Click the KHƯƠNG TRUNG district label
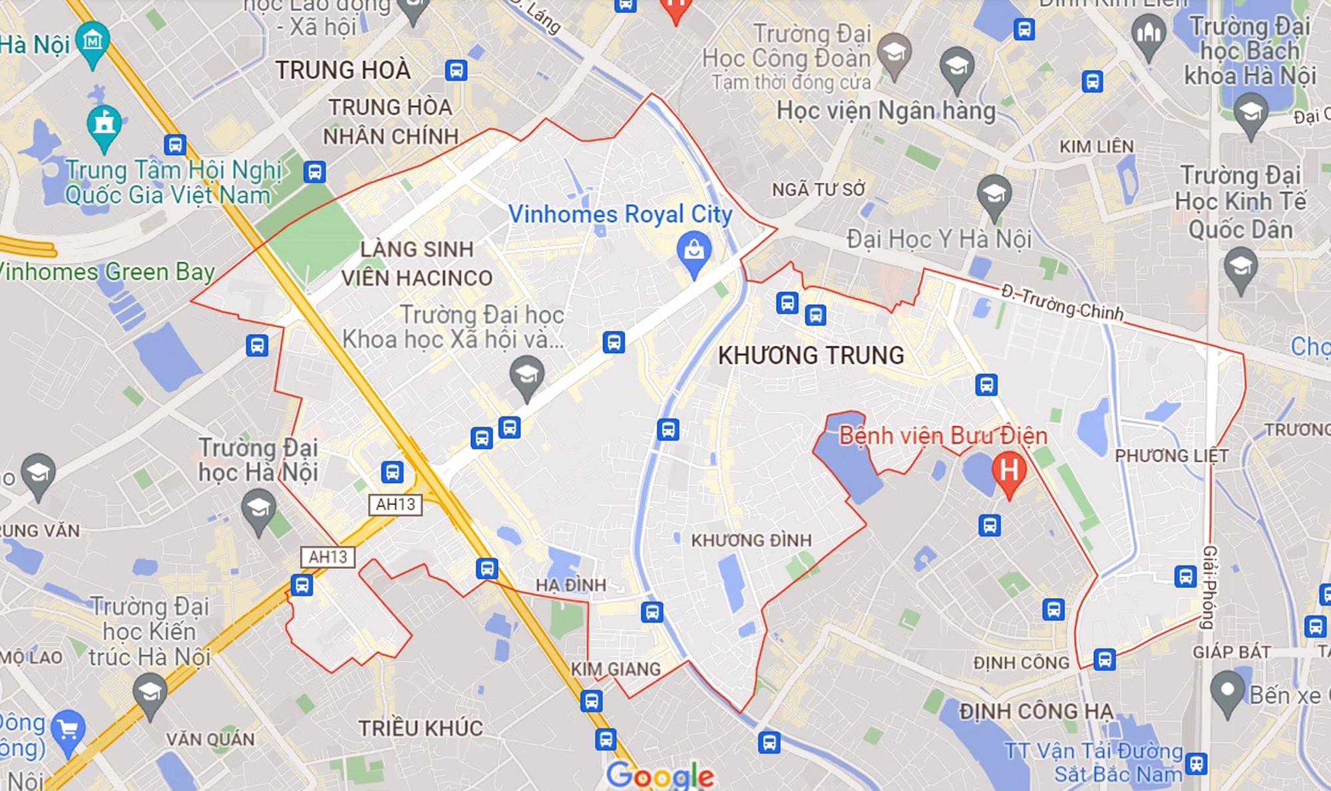(811, 355)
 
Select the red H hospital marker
(1008, 471)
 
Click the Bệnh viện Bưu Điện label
(943, 436)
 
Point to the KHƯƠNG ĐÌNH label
(751, 540)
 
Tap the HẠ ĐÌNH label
(571, 585)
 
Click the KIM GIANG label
(616, 669)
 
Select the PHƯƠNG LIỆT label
(1171, 456)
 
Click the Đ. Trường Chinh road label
(1062, 303)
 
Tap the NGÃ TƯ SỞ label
(819, 190)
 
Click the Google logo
(660, 775)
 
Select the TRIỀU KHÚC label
(421, 728)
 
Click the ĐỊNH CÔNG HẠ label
(1036, 711)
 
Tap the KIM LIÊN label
(1096, 146)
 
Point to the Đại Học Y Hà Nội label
(939, 238)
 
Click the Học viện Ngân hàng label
(886, 110)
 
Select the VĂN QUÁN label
(210, 739)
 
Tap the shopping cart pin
(68, 730)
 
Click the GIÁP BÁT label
(1231, 652)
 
